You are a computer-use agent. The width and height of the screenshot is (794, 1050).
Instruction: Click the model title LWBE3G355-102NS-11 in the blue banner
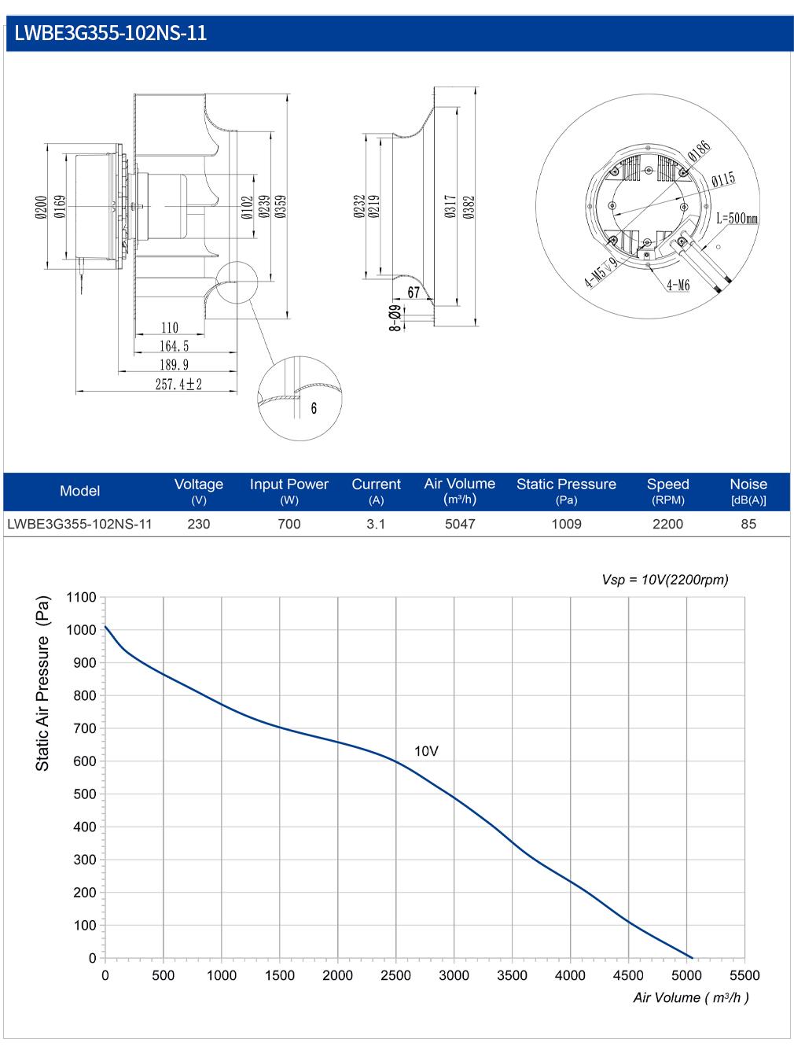point(110,33)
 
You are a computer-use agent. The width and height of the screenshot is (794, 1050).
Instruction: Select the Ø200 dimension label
point(41,207)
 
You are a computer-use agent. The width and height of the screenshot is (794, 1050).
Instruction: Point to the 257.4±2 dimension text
point(178,384)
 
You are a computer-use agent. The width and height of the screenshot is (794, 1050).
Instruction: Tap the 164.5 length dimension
point(174,346)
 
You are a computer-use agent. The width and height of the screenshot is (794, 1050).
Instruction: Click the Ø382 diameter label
point(469,207)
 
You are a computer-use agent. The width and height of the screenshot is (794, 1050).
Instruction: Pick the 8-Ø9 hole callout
point(395,318)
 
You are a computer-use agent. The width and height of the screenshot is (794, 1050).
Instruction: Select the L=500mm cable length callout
point(737,219)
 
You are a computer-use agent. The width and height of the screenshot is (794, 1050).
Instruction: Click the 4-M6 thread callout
point(678,285)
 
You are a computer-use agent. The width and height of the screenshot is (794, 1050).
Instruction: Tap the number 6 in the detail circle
point(314,408)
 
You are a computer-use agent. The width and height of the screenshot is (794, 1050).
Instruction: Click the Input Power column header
point(289,484)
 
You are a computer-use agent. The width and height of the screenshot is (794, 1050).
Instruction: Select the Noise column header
point(748,484)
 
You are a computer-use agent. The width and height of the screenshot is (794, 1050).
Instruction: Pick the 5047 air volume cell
point(460,524)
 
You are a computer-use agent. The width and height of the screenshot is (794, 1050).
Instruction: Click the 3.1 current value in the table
point(376,524)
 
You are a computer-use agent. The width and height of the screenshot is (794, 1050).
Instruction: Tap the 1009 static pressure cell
point(567,524)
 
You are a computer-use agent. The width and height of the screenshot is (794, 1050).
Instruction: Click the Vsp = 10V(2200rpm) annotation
point(665,580)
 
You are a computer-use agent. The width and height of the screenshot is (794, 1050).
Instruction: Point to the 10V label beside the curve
point(426,751)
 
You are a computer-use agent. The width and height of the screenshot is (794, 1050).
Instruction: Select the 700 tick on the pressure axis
point(85,728)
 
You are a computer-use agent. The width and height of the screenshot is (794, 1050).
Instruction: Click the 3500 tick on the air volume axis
point(512,975)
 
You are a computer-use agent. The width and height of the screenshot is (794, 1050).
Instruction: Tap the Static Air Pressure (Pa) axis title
point(42,683)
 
